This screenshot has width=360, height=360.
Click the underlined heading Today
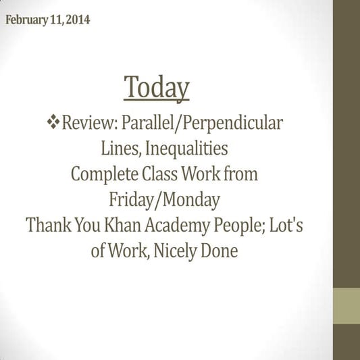[157, 88]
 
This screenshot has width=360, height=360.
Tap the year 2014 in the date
[78, 20]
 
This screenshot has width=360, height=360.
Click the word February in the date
[26, 20]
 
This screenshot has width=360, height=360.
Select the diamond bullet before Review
[53, 123]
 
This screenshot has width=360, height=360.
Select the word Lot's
[288, 225]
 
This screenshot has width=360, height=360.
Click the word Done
[221, 251]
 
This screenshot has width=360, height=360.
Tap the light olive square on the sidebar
[346, 305]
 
